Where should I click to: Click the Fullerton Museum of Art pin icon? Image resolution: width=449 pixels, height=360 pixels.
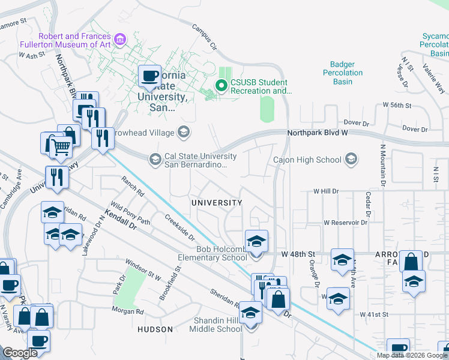point(121,40)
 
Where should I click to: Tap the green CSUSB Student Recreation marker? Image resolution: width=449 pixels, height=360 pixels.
point(221,86)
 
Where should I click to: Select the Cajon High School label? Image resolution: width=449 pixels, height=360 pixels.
point(307,160)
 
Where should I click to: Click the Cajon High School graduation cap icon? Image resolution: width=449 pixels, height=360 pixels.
point(351,159)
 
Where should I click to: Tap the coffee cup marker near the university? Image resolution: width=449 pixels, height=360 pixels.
point(149,76)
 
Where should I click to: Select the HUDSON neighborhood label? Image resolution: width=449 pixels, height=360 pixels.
point(155,329)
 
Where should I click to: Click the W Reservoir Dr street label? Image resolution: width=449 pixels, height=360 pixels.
point(345,222)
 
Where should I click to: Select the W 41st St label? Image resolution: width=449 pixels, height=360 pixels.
point(375,314)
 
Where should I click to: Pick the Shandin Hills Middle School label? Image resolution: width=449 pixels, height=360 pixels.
point(217,324)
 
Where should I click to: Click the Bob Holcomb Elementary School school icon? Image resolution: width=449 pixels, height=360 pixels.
point(256,241)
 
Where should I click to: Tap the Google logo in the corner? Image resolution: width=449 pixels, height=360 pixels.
point(20,353)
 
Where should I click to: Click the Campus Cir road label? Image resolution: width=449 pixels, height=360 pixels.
point(203,37)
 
